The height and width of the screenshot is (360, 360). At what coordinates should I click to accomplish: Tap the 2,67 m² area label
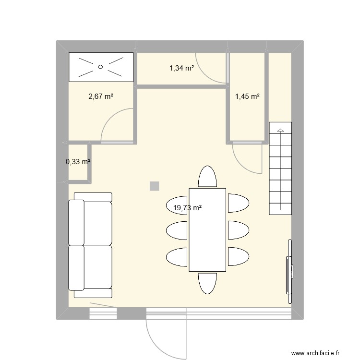100,96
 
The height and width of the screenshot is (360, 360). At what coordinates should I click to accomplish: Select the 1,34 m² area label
181,68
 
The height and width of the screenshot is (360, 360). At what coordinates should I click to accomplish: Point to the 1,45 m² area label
247,96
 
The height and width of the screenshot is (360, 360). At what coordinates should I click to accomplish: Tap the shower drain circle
101,67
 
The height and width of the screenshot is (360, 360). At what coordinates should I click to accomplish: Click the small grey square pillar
154,186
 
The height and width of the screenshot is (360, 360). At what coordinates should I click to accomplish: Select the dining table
207,229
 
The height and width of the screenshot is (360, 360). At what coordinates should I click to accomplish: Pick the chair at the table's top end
207,177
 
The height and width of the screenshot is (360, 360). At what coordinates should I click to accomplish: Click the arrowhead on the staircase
280,130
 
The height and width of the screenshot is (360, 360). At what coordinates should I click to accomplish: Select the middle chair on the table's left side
177,229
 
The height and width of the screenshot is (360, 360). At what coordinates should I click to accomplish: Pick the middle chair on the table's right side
238,229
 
